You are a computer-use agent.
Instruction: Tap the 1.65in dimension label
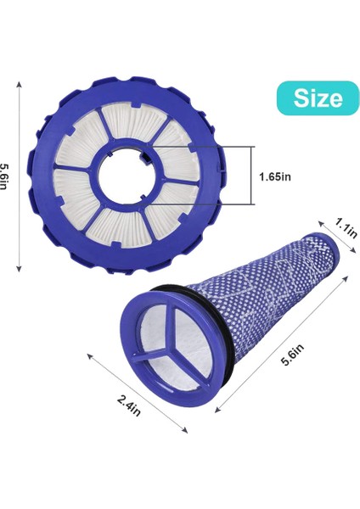tap(277, 176)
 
